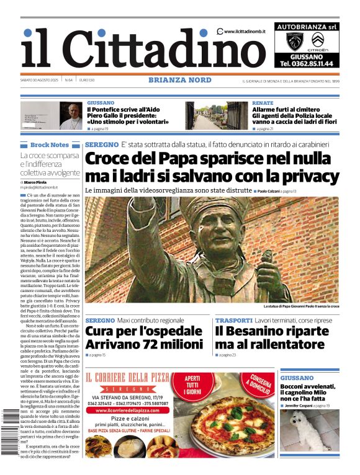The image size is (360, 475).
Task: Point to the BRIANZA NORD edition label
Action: [180, 80]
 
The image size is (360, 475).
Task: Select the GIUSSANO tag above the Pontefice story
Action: [101, 102]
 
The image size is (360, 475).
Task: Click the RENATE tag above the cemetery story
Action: [263, 102]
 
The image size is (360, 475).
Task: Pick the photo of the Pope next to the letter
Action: [71, 115]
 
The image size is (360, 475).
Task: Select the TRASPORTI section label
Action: [234, 321]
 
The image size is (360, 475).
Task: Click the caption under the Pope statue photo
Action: [301, 306]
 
